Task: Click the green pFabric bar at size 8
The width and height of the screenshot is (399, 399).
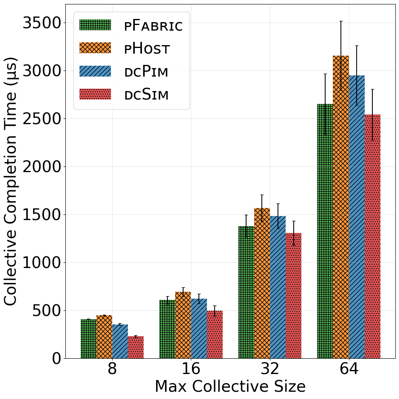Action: (88, 339)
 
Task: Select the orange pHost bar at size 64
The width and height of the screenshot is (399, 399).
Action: (341, 207)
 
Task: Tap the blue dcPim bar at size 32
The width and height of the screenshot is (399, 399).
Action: (278, 287)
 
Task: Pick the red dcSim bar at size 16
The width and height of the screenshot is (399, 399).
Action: (215, 335)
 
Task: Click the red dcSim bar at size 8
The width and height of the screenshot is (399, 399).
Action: (136, 347)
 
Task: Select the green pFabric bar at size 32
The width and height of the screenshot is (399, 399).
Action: (247, 292)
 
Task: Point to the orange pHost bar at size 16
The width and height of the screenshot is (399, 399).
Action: (183, 325)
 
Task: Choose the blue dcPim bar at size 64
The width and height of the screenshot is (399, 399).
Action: (357, 217)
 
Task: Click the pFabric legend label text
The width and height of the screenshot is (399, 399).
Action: (153, 25)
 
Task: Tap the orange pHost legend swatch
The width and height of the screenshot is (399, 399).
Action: (95, 48)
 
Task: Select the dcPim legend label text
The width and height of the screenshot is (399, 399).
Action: (146, 71)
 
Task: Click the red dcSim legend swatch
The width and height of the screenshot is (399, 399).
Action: (95, 94)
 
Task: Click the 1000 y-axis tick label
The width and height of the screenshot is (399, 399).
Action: (42, 263)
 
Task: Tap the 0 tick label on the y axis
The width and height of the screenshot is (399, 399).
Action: (56, 359)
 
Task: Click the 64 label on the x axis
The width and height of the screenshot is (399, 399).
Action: (349, 368)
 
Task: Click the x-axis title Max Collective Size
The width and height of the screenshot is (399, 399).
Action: (230, 387)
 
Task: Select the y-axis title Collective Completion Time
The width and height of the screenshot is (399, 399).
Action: (10, 181)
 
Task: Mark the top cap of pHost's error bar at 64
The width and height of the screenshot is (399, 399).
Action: (341, 21)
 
